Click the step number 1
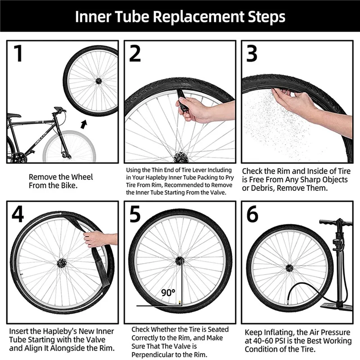(18, 53)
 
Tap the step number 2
(135, 53)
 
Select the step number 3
(252, 53)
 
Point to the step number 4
(18, 215)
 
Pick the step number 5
(135, 215)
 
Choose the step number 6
(252, 215)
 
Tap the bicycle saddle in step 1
(14, 115)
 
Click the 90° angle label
(168, 292)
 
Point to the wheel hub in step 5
(180, 260)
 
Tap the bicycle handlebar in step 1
(59, 109)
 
